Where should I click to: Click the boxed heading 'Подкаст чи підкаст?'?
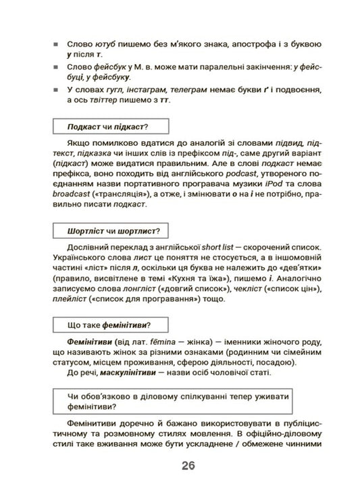108,126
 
